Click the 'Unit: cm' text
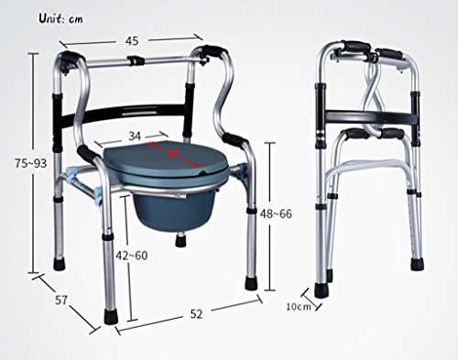click(x=60, y=19)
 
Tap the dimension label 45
click(x=132, y=41)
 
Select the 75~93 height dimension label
click(x=31, y=164)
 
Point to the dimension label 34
click(x=135, y=136)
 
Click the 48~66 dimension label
click(x=276, y=213)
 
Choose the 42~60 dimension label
click(x=132, y=256)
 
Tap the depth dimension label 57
click(x=61, y=300)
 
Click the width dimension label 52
click(x=196, y=313)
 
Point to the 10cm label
click(x=299, y=306)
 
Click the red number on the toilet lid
click(x=173, y=153)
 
